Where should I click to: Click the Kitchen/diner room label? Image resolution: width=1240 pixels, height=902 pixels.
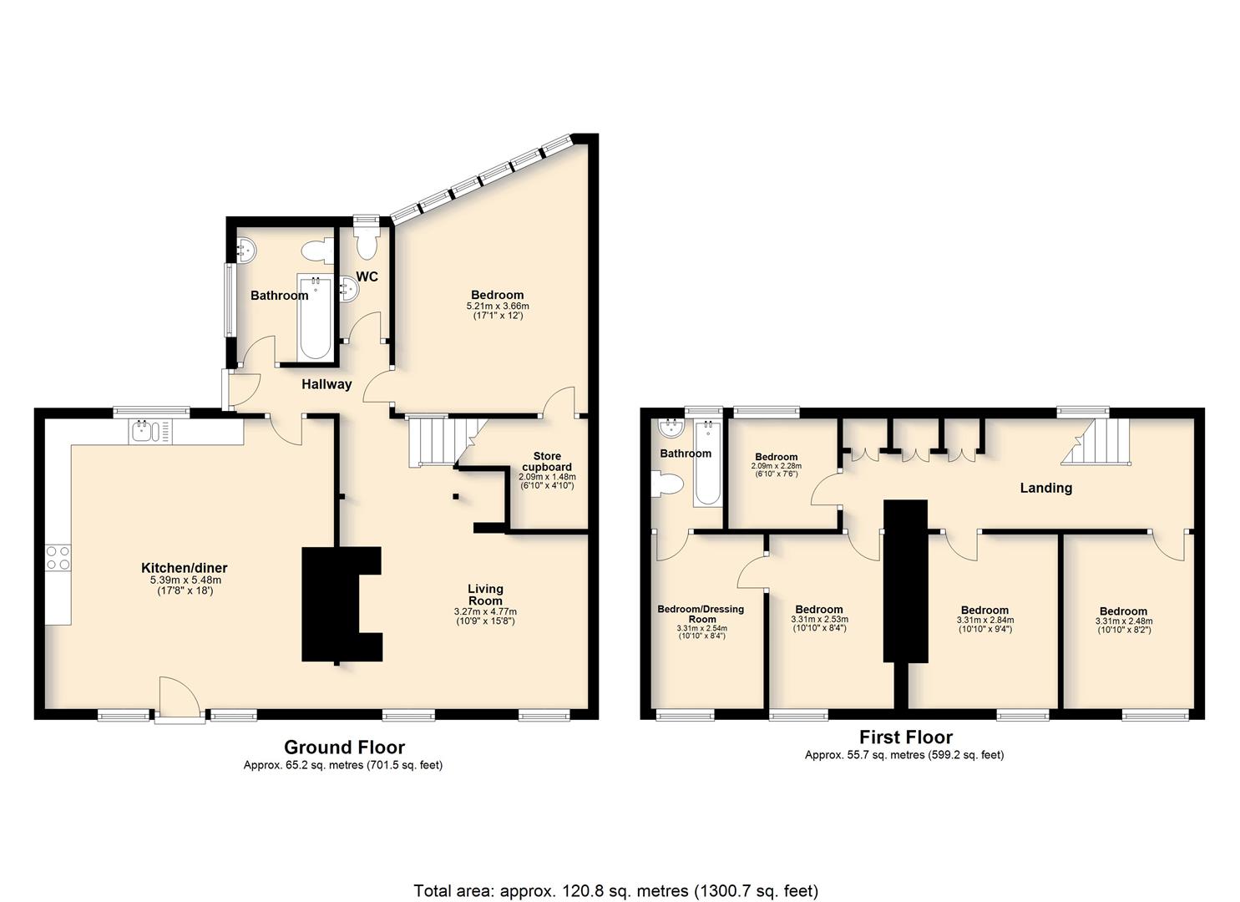[x=185, y=568]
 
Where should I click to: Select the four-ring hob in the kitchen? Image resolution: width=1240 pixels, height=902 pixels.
[x=58, y=558]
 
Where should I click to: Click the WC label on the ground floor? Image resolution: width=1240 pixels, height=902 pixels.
[x=367, y=276]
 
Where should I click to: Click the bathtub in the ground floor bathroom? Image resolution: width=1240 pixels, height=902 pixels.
[x=315, y=317]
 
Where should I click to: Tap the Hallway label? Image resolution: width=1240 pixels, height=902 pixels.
[x=326, y=384]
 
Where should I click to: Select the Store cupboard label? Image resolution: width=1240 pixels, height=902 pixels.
[x=547, y=461]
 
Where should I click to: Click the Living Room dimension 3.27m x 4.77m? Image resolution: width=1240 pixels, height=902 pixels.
[x=485, y=612]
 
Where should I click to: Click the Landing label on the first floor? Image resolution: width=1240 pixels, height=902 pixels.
[x=1046, y=488]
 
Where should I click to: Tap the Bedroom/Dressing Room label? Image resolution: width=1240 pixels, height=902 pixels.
[x=701, y=614]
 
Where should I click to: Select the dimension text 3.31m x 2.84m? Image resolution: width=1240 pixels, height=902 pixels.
[x=985, y=621]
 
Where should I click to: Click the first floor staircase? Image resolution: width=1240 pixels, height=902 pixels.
[x=1096, y=441]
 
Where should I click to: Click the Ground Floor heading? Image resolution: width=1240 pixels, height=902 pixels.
[x=344, y=747]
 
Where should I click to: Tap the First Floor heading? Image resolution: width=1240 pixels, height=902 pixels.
[x=906, y=737]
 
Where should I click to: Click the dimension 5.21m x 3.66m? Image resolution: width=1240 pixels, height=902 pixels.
[x=498, y=306]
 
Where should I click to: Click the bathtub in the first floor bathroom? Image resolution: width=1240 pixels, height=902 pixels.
[x=708, y=463]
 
